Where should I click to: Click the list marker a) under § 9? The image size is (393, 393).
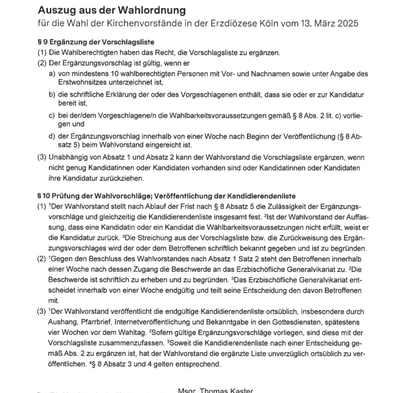pyautogui.click(x=52, y=74)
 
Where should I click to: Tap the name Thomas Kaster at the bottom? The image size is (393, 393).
pyautogui.click(x=226, y=391)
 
